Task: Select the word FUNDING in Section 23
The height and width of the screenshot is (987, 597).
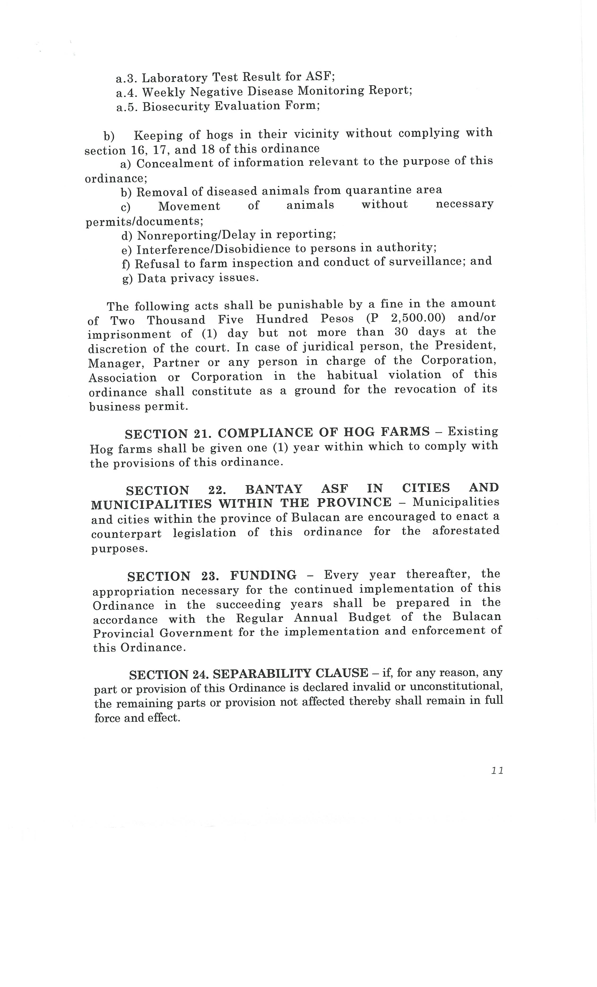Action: (263, 576)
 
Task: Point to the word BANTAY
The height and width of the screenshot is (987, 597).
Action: (274, 489)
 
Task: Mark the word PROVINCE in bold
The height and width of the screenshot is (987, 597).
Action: (354, 502)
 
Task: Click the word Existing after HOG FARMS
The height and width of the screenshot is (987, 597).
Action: (472, 431)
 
